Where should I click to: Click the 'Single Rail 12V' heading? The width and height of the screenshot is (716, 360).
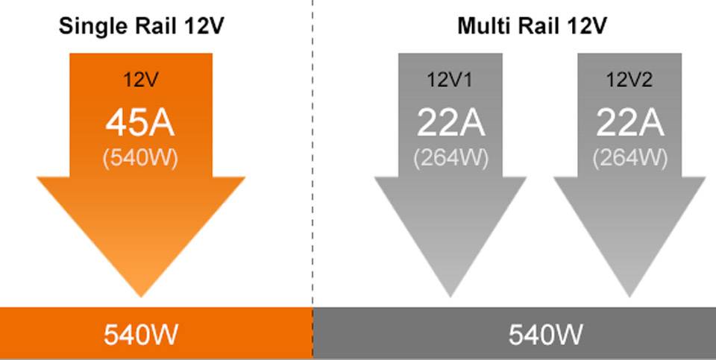coord(141,27)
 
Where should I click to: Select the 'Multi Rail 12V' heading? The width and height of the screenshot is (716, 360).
coord(532,27)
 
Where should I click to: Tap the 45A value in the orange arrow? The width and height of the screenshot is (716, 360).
coord(140,123)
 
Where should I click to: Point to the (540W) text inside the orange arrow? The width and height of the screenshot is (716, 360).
coord(140,158)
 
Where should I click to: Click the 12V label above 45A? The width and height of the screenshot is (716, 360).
coord(140,79)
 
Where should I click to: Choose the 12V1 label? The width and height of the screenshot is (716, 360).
coord(450,79)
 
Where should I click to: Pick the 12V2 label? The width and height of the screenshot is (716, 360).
coord(629,79)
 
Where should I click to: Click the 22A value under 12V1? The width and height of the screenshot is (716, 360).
coord(450,123)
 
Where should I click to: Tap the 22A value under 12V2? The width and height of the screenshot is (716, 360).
coord(629,123)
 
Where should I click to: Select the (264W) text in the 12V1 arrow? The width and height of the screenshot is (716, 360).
coord(450,158)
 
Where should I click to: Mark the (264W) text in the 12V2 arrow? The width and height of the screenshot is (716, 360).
coord(629,158)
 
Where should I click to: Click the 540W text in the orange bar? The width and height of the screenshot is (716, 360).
coord(140,335)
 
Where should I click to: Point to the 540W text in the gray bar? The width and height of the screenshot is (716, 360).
coord(545,335)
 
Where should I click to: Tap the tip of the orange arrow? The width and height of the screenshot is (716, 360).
coord(141,293)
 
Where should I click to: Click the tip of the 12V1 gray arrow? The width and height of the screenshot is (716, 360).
coord(450,293)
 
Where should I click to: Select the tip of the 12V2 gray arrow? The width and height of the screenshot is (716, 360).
coord(629,293)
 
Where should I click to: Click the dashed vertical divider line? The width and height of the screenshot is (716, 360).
coord(313,149)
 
